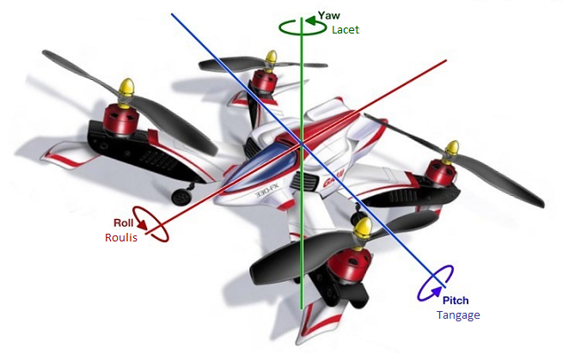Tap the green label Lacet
tap(345, 30)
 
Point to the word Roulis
tap(121, 237)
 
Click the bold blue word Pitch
tap(456, 301)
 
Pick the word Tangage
tap(457, 315)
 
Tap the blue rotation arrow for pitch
tap(437, 283)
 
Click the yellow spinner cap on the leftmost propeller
tap(126, 88)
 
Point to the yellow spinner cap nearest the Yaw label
tap(270, 60)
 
